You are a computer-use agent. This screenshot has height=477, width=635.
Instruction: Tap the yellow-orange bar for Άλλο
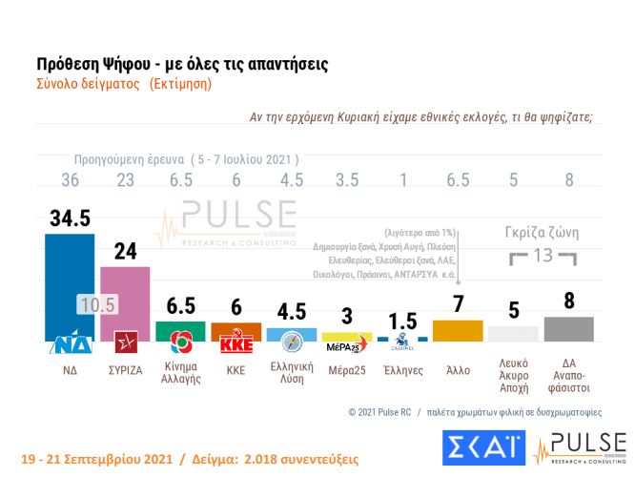coord(457,330)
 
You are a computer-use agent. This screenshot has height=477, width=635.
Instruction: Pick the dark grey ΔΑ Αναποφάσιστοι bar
coord(568,328)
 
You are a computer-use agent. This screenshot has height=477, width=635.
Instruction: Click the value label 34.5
coord(70,218)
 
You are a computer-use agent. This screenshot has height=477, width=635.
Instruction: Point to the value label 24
coord(125,252)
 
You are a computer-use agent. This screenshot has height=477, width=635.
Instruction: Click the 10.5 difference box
coord(96,305)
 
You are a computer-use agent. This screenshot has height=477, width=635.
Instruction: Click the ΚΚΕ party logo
coord(236,343)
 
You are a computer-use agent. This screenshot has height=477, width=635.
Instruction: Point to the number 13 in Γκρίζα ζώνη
coord(542,256)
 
